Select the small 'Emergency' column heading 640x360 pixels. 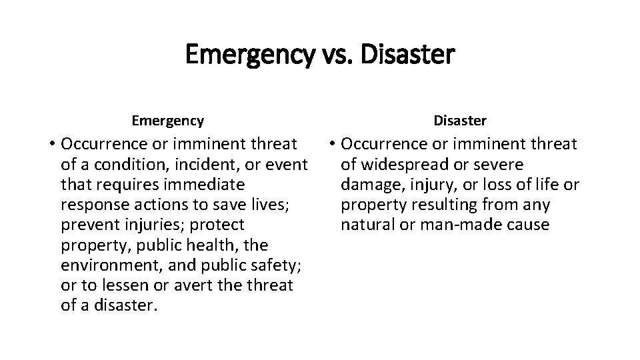point(168,121)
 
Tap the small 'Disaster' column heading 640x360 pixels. point(460,121)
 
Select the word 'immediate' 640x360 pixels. point(207,184)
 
